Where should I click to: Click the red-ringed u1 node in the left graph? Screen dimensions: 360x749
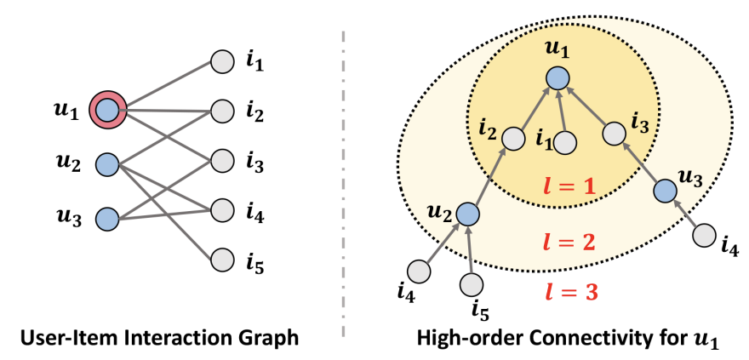pos(108,110)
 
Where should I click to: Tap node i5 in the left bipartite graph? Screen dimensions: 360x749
pos(221,258)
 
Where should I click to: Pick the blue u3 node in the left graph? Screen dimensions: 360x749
pos(108,219)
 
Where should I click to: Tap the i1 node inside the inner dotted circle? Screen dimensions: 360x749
pos(568,141)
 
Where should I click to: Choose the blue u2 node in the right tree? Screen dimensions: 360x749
pos(466,214)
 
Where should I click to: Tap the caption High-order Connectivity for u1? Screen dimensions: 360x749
pos(568,339)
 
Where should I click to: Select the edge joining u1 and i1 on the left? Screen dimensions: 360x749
pos(166,85)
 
